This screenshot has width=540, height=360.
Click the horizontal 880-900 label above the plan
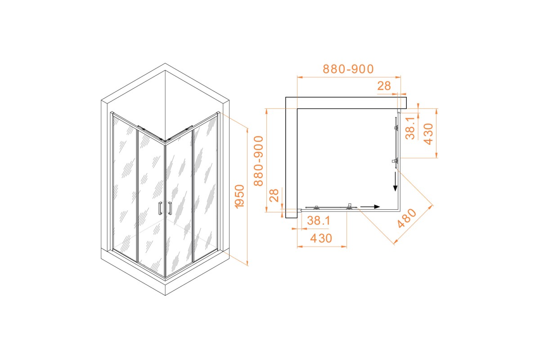348,69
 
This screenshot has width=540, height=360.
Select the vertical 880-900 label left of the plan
258,161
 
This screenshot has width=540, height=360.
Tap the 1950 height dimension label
239,197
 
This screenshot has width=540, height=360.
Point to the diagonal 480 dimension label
407,218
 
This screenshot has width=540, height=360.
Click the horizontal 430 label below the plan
321,238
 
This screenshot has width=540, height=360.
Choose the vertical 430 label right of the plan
428,134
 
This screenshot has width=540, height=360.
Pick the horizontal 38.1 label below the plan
319,220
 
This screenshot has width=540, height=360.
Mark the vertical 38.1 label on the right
410,129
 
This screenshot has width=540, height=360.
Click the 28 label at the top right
384,86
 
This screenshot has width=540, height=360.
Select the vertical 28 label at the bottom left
274,196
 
